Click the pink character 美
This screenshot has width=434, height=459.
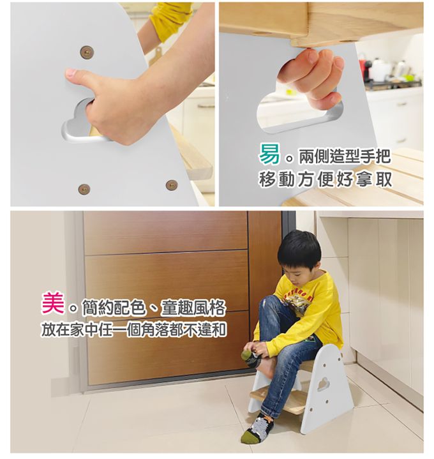[53, 303]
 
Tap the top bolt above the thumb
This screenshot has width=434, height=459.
[87, 52]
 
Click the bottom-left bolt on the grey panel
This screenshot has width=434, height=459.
[84, 190]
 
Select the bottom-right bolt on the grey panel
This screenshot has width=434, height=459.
[172, 185]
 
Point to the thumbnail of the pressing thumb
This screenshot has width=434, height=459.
[70, 72]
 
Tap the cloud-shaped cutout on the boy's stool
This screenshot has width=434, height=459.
[323, 384]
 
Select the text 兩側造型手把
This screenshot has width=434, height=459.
[345, 156]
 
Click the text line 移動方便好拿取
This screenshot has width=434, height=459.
[325, 179]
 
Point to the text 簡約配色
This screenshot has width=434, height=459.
[114, 307]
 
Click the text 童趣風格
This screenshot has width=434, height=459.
[193, 307]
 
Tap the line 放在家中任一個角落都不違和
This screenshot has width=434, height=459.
[134, 330]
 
